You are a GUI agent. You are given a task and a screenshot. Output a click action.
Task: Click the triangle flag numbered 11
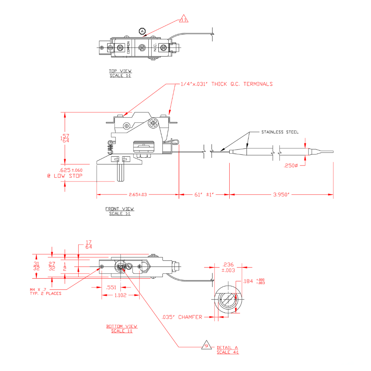(x=184, y=19)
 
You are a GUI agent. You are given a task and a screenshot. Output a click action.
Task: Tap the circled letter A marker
(x=142, y=31)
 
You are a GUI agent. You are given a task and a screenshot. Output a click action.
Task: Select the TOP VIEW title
(x=120, y=71)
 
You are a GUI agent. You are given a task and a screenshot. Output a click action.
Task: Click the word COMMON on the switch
(x=128, y=47)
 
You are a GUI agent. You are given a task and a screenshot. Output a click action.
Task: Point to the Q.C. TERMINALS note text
(x=227, y=84)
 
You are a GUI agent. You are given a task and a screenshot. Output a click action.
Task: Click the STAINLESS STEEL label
(x=280, y=132)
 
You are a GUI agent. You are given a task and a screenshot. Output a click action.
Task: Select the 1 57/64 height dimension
(x=65, y=138)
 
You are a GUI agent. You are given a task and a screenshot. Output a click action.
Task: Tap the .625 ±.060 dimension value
(x=71, y=170)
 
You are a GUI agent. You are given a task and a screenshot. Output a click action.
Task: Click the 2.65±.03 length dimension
(x=138, y=194)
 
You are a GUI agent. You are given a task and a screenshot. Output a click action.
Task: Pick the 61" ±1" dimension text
(x=204, y=194)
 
